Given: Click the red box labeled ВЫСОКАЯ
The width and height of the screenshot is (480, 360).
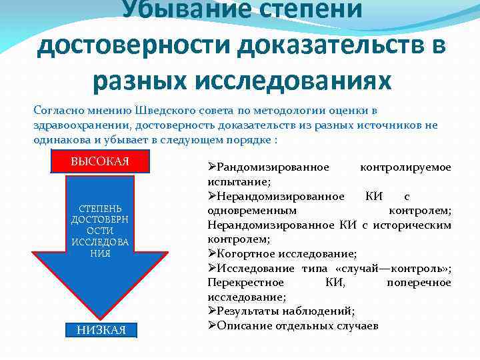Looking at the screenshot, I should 100,161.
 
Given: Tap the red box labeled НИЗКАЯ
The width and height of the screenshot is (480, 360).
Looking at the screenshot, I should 100,330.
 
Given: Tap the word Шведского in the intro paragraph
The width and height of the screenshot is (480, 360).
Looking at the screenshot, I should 163,110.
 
